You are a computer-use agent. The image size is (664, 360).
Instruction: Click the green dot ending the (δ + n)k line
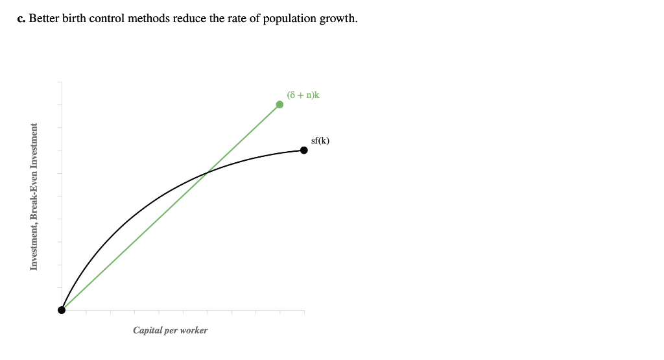pyautogui.click(x=279, y=104)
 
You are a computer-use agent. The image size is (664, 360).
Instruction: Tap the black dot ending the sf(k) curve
pyautogui.click(x=303, y=150)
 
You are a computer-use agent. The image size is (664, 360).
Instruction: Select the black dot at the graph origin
pyautogui.click(x=62, y=309)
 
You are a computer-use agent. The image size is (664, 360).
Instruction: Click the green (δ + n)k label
pyautogui.click(x=303, y=95)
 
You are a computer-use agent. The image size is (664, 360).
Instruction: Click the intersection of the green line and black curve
pyautogui.click(x=206, y=173)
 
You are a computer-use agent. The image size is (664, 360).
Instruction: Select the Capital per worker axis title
pyautogui.click(x=170, y=330)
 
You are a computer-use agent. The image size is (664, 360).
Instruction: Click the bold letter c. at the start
pyautogui.click(x=21, y=18)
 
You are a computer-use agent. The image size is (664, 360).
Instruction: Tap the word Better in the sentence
pyautogui.click(x=44, y=18)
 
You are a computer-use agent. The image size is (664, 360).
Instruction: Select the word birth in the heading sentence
pyautogui.click(x=75, y=18)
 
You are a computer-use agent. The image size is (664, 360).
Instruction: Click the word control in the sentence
pyautogui.click(x=108, y=18)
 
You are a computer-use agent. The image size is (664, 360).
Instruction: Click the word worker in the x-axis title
pyautogui.click(x=193, y=330)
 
